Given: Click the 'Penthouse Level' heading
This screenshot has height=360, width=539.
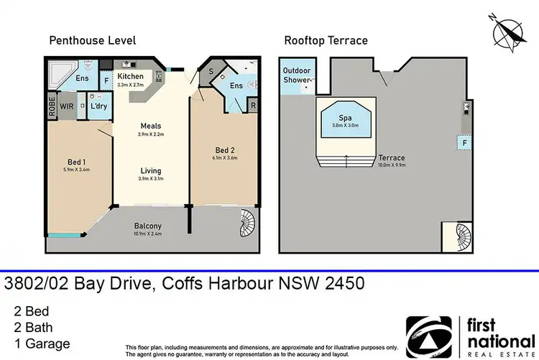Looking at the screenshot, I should [x=92, y=40].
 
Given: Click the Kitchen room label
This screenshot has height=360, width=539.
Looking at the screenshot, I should [x=130, y=76].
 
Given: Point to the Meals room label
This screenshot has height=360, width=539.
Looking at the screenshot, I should [x=150, y=126].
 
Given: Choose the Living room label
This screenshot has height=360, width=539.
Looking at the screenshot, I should [x=150, y=171].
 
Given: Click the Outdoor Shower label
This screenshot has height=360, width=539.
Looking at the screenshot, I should [x=297, y=75].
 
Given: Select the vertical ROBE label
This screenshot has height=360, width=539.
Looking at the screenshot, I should [x=51, y=106].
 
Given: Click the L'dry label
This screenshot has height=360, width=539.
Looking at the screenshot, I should [x=96, y=106].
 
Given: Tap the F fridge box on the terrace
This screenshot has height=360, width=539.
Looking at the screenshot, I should [x=465, y=144].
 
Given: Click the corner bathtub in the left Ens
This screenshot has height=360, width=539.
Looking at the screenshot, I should [x=58, y=71].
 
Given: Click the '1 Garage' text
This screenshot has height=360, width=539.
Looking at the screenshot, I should [x=41, y=343].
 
